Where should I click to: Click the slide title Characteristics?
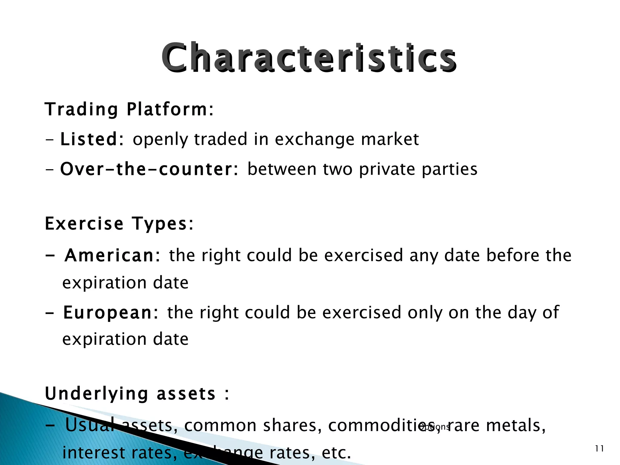[x=309, y=58]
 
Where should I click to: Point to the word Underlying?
[x=97, y=394]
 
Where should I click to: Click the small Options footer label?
[x=435, y=427]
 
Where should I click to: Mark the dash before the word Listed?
[x=49, y=140]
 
